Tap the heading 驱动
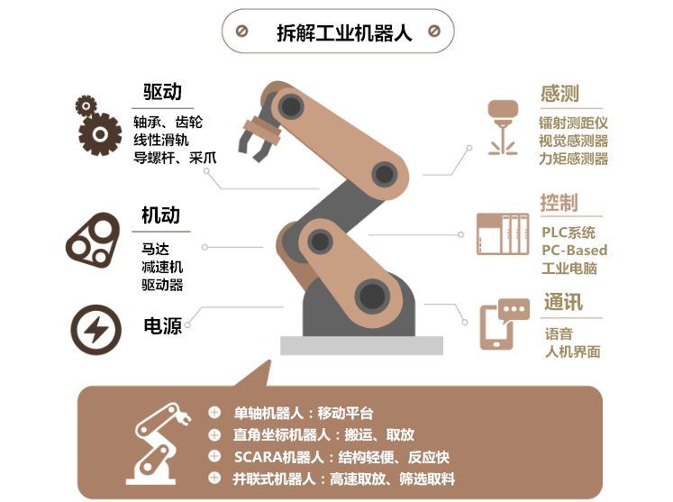162,92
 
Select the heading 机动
160,215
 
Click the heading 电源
162,325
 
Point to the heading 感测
559,94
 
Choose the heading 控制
559,203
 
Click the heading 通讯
562,303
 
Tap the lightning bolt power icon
95,328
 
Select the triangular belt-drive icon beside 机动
94,239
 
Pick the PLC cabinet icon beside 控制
503,234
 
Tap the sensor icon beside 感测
503,126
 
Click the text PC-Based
574,250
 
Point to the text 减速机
162,267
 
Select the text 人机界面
573,351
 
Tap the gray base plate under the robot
361,345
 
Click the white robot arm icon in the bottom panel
163,443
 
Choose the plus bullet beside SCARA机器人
214,456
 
